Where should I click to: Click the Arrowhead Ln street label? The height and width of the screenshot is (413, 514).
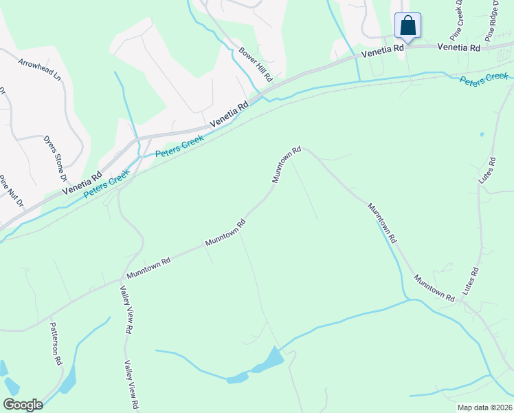coord(40,69)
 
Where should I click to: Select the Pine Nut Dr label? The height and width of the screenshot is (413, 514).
coord(12,191)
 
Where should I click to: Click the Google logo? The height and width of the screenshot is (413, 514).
coord(23,405)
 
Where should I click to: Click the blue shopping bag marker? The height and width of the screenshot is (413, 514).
coord(407,26)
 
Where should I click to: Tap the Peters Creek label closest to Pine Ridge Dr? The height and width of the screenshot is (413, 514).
coord(483,78)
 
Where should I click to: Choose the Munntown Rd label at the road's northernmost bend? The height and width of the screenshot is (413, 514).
coord(287,164)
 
